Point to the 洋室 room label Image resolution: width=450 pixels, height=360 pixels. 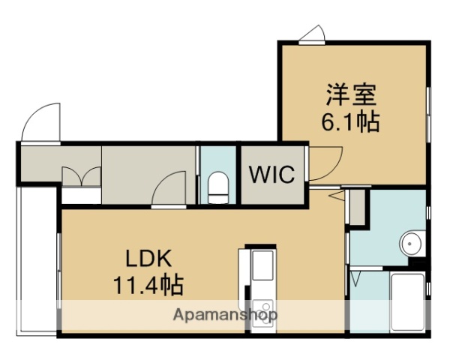pyautogui.click(x=352, y=95)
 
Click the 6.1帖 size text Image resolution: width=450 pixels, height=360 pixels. pyautogui.click(x=352, y=121)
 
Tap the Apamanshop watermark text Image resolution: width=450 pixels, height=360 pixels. pyautogui.click(x=226, y=314)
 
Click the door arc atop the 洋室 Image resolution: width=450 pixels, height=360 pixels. pyautogui.click(x=313, y=35)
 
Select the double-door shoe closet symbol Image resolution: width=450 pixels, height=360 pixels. pyautogui.click(x=81, y=177)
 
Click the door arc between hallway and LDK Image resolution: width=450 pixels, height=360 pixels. pyautogui.click(x=169, y=188)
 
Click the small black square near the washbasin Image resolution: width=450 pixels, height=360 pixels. pyautogui.click(x=421, y=263)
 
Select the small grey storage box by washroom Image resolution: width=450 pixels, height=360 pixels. pyautogui.click(x=357, y=208)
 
